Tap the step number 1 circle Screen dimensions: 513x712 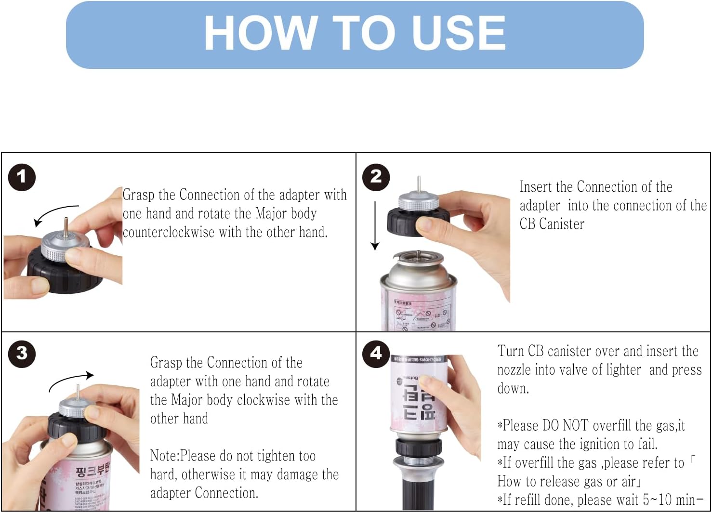pyautogui.click(x=22, y=177)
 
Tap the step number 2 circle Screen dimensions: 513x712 pyautogui.click(x=376, y=177)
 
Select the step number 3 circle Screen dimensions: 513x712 pyautogui.click(x=22, y=353)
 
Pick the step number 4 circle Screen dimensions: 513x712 pyautogui.click(x=376, y=353)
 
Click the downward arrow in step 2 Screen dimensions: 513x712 pyautogui.click(x=375, y=226)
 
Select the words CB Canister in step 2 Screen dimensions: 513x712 pyautogui.click(x=552, y=224)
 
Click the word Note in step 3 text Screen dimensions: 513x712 pyautogui.click(x=164, y=456)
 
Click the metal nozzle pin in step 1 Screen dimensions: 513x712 pyautogui.click(x=66, y=224)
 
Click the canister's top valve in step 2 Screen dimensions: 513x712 pyautogui.click(x=418, y=256)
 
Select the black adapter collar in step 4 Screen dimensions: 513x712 pyautogui.click(x=418, y=447)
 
